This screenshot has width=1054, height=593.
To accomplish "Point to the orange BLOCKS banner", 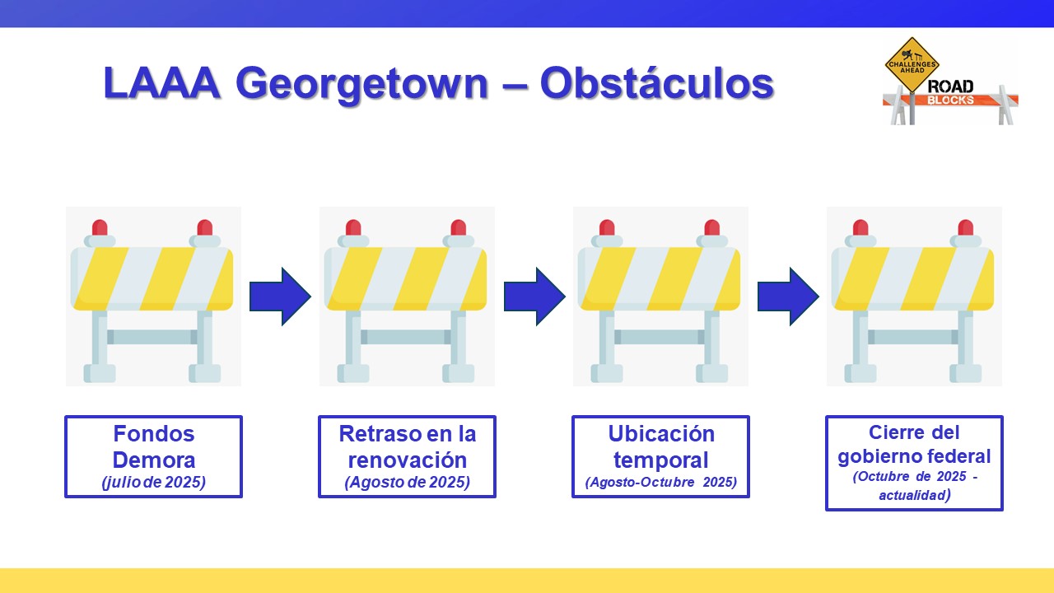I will (x=950, y=100).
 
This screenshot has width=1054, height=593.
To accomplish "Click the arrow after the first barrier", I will (x=280, y=296).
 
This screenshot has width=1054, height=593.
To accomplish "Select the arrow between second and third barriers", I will (x=534, y=296).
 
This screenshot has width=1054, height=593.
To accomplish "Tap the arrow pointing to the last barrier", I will (x=788, y=296).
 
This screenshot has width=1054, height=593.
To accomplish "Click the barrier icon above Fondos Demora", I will (x=153, y=296).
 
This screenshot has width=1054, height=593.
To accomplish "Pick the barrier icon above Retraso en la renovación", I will (x=407, y=296).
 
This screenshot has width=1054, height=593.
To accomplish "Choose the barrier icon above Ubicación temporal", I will (x=660, y=296).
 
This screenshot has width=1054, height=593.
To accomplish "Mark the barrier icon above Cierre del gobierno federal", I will (x=914, y=296).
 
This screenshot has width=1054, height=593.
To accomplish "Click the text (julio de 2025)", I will (x=153, y=483).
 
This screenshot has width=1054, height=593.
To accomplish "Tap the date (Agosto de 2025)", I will (x=407, y=483).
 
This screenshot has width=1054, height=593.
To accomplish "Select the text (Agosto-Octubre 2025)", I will (x=660, y=483).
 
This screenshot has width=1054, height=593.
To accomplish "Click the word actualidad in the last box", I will (x=910, y=496).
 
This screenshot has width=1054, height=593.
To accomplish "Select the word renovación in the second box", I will (x=407, y=460).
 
